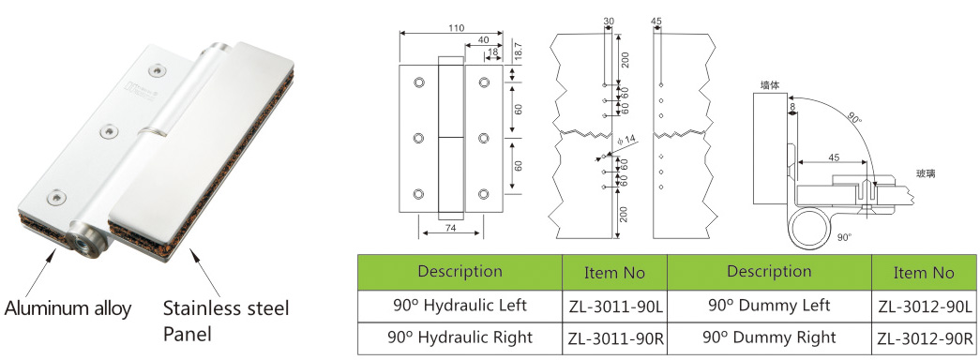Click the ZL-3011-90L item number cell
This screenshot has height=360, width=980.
(615, 307)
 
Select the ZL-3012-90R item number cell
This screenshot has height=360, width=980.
(924, 338)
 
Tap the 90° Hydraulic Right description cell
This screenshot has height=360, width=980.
(460, 338)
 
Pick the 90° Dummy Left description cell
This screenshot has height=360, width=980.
(769, 307)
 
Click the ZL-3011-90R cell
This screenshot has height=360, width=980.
(615, 338)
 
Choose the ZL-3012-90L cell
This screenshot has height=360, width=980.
(924, 307)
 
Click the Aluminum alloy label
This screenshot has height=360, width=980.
(68, 308)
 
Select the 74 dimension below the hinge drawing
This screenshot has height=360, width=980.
(450, 229)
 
